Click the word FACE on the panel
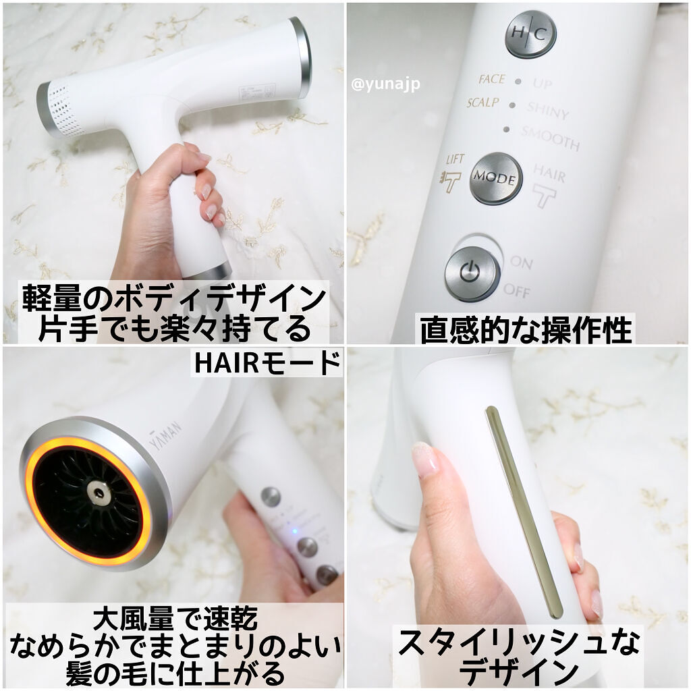pyautogui.click(x=491, y=80)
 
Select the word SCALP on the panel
pyautogui.click(x=482, y=103)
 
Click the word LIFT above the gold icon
pyautogui.click(x=456, y=160)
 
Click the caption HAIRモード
pyautogui.click(x=267, y=364)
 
